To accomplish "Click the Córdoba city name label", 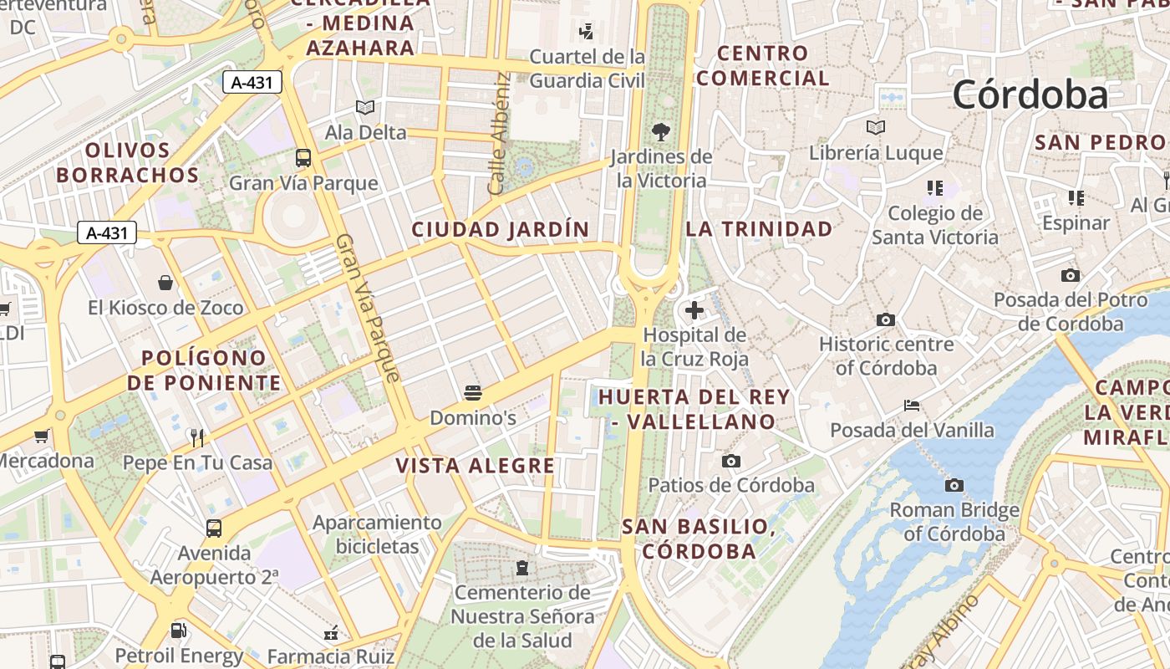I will (x=1030, y=94).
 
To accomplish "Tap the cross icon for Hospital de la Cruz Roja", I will (x=694, y=311).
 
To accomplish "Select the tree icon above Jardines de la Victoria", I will (x=660, y=131).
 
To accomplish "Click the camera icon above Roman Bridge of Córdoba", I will (x=954, y=485).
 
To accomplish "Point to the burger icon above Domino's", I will (x=472, y=392).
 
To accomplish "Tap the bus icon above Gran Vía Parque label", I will (x=303, y=157).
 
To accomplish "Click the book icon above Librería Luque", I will (x=875, y=128).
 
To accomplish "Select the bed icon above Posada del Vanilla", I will (x=912, y=406).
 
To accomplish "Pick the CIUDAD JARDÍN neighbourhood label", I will (x=500, y=229).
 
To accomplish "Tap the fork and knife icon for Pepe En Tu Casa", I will (x=197, y=437).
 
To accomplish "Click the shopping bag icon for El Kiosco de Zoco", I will (x=165, y=283).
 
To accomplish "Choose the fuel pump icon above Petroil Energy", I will (x=178, y=631).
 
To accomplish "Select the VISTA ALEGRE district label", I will (x=475, y=466).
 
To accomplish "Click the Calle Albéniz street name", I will (x=499, y=134).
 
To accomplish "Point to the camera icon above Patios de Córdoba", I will (x=731, y=461).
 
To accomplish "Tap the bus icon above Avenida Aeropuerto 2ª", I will (x=214, y=528).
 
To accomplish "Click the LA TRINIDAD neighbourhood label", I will (x=759, y=229).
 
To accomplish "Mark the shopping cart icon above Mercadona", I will (x=41, y=436).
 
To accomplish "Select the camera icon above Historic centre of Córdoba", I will (x=886, y=319).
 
